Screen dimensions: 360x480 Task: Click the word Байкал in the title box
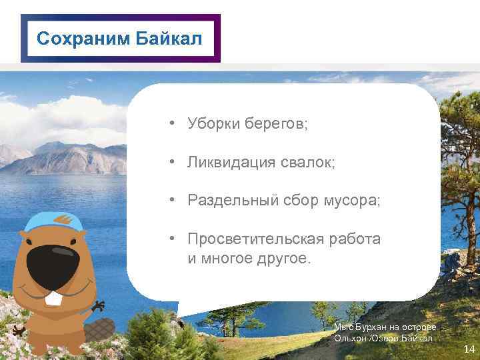pos(169,39)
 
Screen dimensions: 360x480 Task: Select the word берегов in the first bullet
pos(274,124)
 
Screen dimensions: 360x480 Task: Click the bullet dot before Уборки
pos(172,124)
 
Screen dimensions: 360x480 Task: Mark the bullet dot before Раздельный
pos(172,201)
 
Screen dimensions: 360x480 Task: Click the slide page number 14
pos(469,349)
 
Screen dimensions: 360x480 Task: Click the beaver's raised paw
pos(98,307)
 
